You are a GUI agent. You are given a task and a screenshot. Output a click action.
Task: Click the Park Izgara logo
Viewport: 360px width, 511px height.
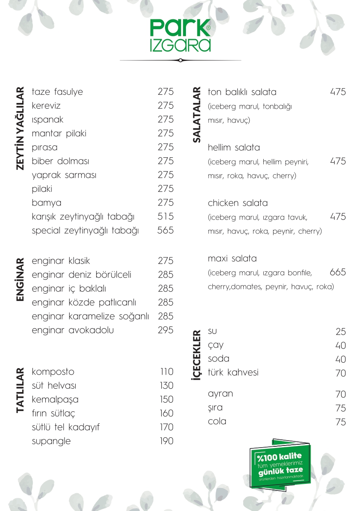click(180, 35)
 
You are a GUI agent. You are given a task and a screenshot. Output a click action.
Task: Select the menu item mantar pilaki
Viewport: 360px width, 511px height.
click(59, 133)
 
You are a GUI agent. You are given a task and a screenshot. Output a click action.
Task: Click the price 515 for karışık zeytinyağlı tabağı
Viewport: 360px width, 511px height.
click(165, 217)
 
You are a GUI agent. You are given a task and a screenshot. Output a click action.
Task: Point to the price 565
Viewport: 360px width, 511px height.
click(165, 231)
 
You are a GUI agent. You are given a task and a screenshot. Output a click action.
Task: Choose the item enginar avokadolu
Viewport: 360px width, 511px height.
click(73, 330)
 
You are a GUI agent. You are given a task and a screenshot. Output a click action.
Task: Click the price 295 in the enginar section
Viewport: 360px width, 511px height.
click(165, 330)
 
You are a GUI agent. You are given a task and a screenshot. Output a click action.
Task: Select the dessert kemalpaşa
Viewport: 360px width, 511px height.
click(55, 399)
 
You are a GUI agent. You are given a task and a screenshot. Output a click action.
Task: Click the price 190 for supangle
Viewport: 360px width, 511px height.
click(166, 441)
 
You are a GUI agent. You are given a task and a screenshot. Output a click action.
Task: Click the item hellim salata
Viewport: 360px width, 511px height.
click(234, 147)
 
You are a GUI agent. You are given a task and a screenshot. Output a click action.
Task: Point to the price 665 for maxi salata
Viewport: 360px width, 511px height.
click(337, 272)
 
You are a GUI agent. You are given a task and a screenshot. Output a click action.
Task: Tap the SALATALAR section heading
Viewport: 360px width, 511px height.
click(197, 114)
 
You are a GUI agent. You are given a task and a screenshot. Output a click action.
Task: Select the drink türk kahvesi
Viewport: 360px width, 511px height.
click(233, 373)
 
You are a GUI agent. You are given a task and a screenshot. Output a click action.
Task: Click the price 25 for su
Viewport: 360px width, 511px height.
click(340, 332)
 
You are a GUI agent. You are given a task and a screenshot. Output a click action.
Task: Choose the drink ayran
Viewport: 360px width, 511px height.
click(220, 394)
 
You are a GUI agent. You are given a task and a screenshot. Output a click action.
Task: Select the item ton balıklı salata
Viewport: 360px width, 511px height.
click(242, 92)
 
